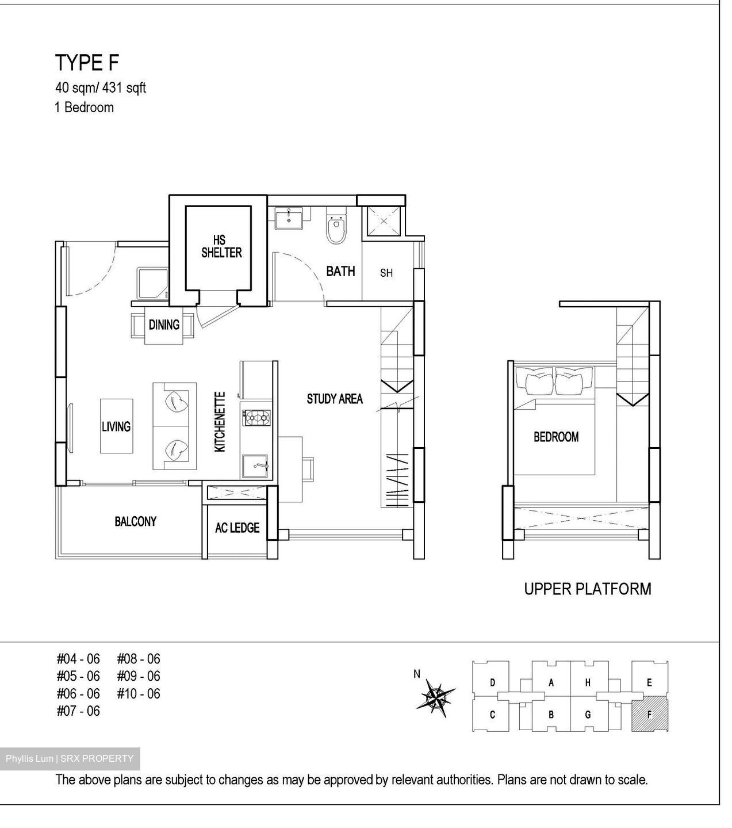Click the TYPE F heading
coord(87,63)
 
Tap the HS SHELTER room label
coord(221,246)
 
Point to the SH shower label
coord(386,273)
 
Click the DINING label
coord(164,325)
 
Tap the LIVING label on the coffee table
coord(116,426)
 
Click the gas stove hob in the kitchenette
coord(256,418)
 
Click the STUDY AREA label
coord(335,399)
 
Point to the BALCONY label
coord(136,521)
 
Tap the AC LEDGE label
coord(237,528)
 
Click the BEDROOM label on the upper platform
coord(556,437)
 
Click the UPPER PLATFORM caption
coord(587,589)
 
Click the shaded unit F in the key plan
coord(649,715)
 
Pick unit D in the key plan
coord(493,683)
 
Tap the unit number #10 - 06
coord(139,694)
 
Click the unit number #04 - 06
coord(78,659)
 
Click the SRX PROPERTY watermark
coord(70,758)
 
